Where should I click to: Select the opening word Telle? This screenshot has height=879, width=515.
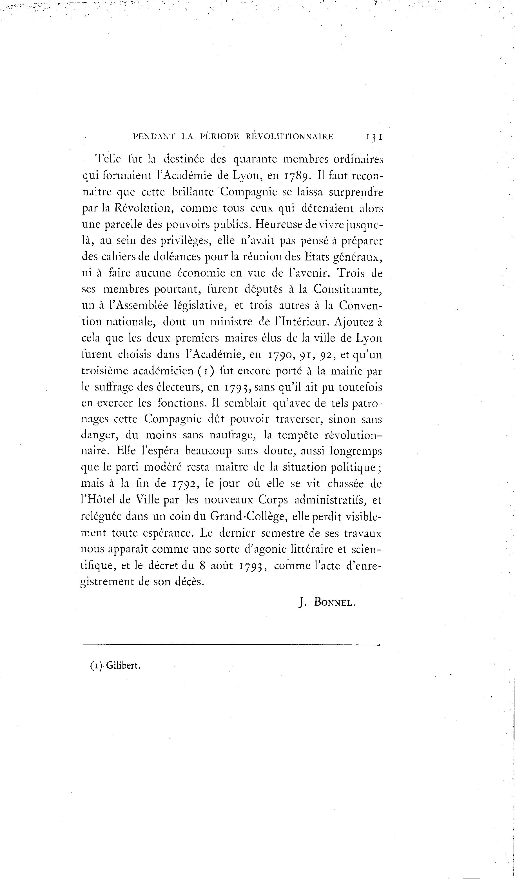[x=108, y=159]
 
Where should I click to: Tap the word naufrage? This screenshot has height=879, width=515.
[x=233, y=435]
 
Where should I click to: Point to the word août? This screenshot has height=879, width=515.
[x=222, y=565]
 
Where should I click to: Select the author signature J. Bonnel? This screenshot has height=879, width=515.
[x=327, y=602]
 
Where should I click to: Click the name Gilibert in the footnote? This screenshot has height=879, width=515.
[x=123, y=666]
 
